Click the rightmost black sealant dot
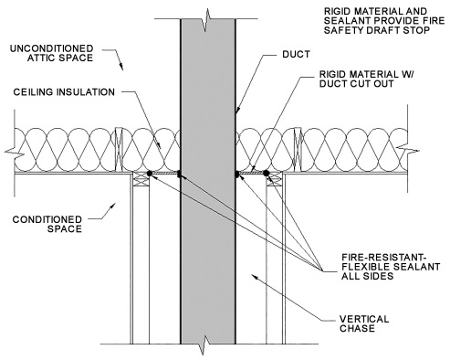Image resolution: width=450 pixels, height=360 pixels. click(266, 173)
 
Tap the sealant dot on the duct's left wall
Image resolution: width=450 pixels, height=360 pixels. click(180, 173)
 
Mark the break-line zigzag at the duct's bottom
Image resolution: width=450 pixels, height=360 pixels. click(209, 344)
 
